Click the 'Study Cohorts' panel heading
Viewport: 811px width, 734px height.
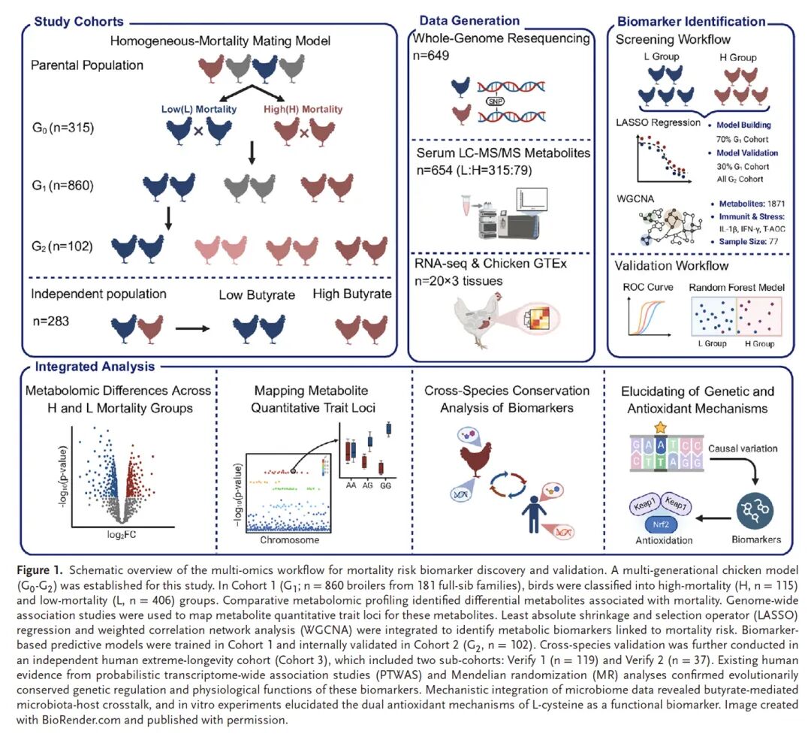tap(78, 21)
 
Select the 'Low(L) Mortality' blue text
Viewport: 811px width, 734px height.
tap(199, 110)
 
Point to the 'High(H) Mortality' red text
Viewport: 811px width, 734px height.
tap(303, 110)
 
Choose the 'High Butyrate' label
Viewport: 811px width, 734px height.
tap(351, 294)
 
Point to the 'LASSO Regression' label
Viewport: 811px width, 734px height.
tap(657, 122)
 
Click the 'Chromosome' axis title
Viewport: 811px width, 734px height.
tap(289, 539)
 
